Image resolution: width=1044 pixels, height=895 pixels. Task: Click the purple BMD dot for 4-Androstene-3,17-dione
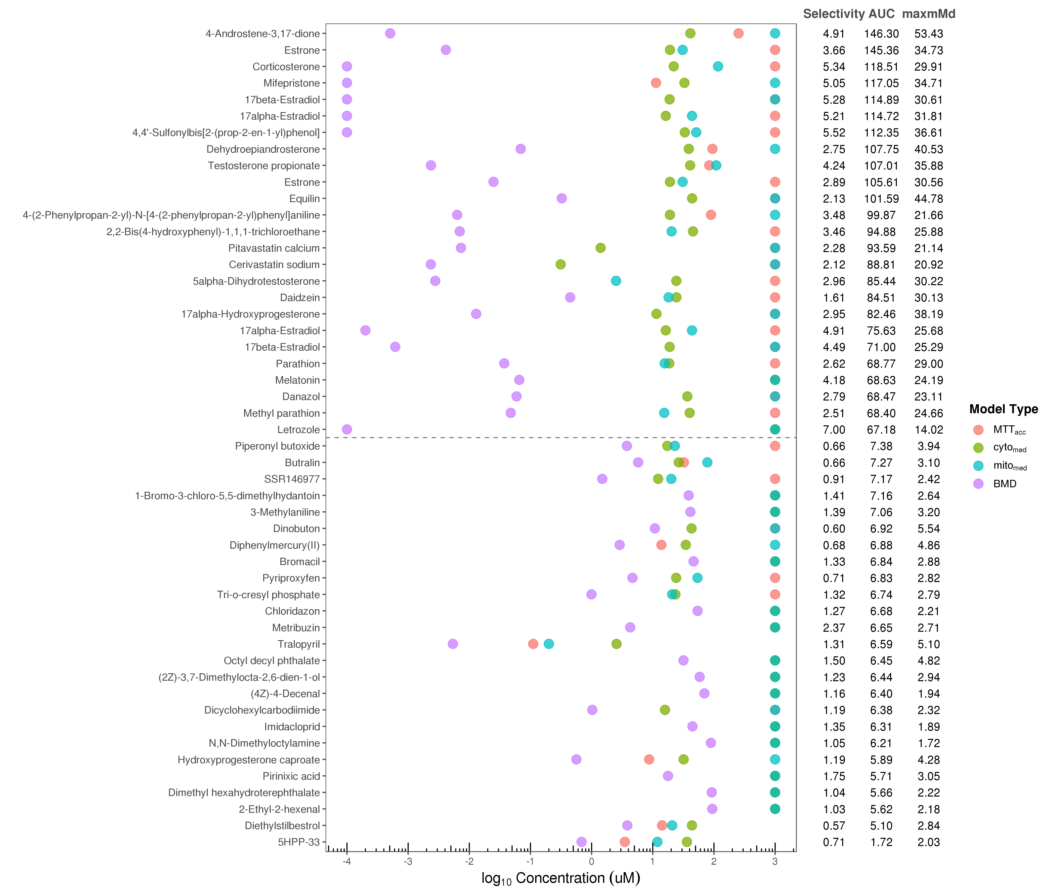tap(390, 33)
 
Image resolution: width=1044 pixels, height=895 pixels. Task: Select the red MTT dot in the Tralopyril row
tap(533, 644)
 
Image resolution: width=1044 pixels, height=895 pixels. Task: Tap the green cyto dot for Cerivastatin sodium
tap(560, 264)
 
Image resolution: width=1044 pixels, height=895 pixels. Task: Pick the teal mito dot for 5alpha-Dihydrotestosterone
tap(616, 281)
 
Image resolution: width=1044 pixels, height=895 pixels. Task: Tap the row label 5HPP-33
tap(299, 842)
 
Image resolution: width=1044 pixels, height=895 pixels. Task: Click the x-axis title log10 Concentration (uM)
tap(560, 878)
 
